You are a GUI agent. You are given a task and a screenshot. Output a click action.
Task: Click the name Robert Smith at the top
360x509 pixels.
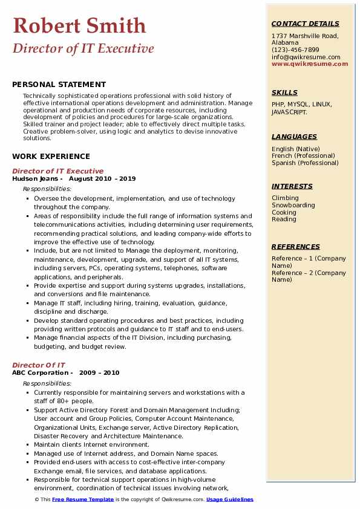79,25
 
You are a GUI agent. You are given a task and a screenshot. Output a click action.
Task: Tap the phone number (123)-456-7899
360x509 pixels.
295,50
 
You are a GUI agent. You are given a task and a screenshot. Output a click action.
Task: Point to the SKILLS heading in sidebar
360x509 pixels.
284,92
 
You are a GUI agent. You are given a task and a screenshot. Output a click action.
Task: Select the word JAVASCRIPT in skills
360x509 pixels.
289,112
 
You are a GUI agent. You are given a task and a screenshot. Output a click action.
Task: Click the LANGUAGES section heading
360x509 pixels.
294,137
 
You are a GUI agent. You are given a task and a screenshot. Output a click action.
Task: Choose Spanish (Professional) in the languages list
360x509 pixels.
306,163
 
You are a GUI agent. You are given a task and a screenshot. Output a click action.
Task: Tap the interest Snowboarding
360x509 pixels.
293,205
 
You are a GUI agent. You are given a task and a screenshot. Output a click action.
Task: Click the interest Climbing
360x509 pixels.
285,198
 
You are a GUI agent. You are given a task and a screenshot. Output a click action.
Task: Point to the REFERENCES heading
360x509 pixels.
296,247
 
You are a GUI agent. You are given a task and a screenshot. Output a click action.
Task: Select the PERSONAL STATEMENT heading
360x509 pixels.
59,85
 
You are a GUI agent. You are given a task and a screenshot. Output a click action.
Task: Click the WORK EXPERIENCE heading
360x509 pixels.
51,156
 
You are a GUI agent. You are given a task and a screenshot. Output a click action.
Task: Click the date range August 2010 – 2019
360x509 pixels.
102,179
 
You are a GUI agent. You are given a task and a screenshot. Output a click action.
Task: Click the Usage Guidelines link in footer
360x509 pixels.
229,499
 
